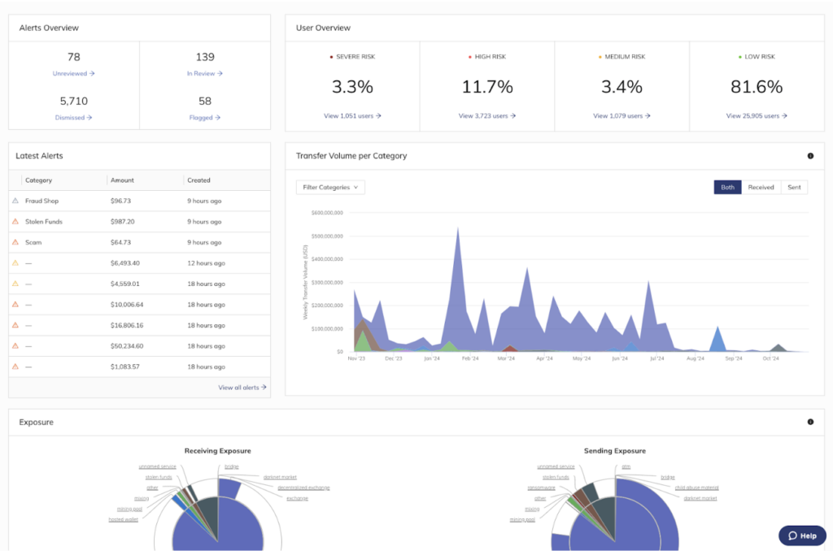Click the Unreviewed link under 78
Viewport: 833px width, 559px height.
(x=73, y=73)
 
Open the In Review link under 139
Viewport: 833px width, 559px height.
(x=204, y=73)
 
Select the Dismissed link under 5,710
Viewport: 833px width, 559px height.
(x=73, y=117)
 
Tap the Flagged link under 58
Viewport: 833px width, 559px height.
(x=204, y=117)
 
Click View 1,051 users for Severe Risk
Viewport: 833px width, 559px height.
(x=352, y=116)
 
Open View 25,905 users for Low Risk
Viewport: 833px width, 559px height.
(x=757, y=116)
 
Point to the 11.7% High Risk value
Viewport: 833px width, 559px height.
(x=487, y=87)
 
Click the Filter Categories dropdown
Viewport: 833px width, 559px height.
(x=330, y=188)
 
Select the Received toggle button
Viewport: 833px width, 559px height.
(x=761, y=188)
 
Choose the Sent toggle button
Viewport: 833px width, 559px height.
(x=794, y=188)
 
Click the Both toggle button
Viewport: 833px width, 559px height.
(x=727, y=188)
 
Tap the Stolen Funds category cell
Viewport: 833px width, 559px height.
(x=44, y=222)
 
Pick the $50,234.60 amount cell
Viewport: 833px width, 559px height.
(x=127, y=346)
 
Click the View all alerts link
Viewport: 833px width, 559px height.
(x=242, y=388)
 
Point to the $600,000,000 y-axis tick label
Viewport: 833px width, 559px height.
(x=327, y=213)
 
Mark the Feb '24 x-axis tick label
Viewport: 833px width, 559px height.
(x=470, y=358)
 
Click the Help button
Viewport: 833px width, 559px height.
(x=801, y=535)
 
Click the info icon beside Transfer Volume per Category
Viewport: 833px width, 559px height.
(x=810, y=156)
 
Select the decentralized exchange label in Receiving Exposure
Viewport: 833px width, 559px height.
(x=303, y=487)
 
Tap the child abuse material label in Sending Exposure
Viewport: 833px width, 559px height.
(x=696, y=487)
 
